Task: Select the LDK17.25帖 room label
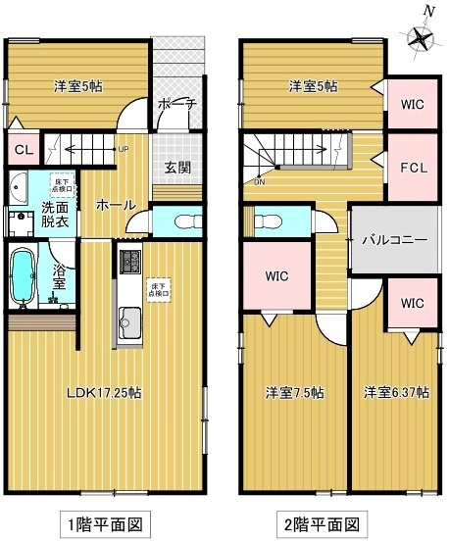(x=103, y=393)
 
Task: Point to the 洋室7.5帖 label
(x=295, y=393)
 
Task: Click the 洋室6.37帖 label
(x=396, y=393)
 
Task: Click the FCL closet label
(x=413, y=168)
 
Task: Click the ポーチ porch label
(x=177, y=105)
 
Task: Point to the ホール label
(x=115, y=206)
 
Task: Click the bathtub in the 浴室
(x=23, y=276)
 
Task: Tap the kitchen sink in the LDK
(x=129, y=320)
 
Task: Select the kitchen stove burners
(x=129, y=264)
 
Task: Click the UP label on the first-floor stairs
(x=123, y=150)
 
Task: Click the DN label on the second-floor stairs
(x=259, y=182)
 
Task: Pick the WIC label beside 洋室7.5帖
(x=277, y=275)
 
